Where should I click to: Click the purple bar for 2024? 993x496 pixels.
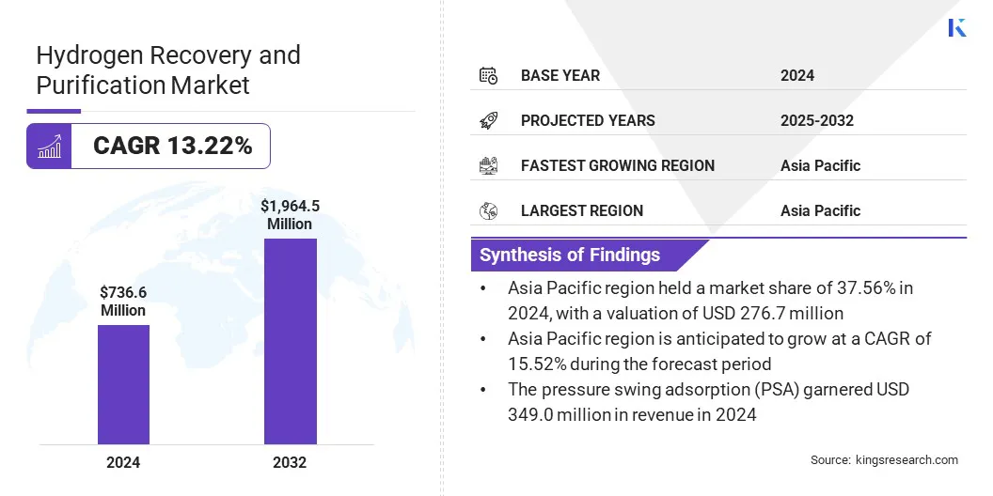pos(123,384)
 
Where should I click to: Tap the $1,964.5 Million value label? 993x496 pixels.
pos(289,214)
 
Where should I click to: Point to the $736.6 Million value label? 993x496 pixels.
pos(123,302)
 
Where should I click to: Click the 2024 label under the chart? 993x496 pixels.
pos(123,462)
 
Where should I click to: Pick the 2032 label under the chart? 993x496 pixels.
pos(290,462)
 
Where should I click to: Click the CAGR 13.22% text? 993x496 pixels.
pos(172,146)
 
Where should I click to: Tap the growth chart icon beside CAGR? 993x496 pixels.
pos(49,146)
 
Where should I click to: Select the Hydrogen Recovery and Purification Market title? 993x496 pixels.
pos(168,70)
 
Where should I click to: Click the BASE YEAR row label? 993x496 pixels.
pos(560,75)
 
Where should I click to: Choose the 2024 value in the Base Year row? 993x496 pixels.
pos(797,75)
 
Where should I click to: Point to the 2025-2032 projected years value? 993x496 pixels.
pos(816,120)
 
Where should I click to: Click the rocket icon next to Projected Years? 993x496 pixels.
pos(488,120)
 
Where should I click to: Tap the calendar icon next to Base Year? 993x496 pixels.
pos(488,75)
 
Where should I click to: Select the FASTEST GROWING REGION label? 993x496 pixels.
pos(617,165)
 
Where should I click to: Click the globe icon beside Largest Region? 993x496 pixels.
pos(488,210)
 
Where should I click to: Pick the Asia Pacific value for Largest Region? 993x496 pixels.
pos(820,210)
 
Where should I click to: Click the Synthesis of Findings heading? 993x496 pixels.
pos(570,255)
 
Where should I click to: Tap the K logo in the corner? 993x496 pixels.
pos(957,27)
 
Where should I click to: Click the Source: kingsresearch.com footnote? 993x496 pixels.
pos(884,459)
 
